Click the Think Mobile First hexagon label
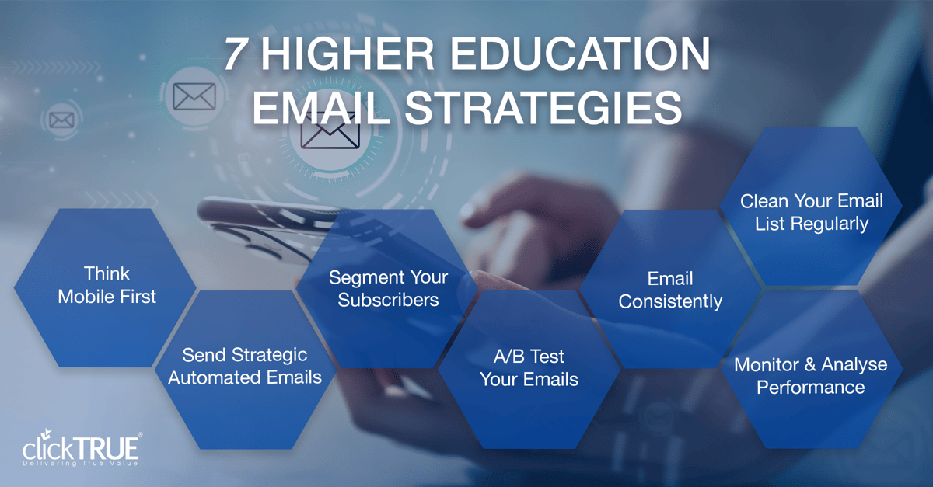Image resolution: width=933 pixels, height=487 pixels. pyautogui.click(x=107, y=285)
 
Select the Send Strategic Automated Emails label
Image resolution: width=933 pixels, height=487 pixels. pyautogui.click(x=245, y=367)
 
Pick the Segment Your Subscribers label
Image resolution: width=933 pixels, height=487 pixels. pyautogui.click(x=388, y=288)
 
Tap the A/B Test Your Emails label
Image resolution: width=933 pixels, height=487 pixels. pyautogui.click(x=529, y=367)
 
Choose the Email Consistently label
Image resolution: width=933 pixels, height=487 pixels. pyautogui.click(x=670, y=290)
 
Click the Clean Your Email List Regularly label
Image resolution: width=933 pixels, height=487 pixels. pyautogui.click(x=812, y=212)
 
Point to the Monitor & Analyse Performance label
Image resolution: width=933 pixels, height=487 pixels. pyautogui.click(x=811, y=375)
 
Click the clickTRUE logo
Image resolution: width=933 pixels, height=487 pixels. pyautogui.click(x=82, y=449)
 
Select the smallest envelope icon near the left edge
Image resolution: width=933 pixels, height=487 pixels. pyautogui.click(x=61, y=120)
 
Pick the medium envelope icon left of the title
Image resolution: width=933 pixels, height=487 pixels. pyautogui.click(x=194, y=96)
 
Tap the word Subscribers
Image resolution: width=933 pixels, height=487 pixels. pyautogui.click(x=388, y=300)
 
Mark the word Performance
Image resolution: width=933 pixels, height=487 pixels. pyautogui.click(x=811, y=387)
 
